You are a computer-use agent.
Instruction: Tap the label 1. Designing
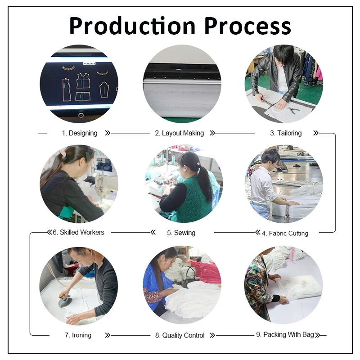80,133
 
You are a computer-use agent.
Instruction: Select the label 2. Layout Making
180,133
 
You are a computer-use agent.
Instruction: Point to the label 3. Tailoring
286,133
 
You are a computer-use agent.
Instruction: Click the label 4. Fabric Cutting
285,233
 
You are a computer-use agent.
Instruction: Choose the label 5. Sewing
181,233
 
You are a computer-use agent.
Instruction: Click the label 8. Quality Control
180,335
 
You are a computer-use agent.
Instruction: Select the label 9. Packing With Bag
285,335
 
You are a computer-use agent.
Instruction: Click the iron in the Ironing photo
65,301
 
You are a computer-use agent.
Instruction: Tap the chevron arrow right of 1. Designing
107,133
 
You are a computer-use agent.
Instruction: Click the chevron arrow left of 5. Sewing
153,232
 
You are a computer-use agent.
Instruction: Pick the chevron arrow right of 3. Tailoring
315,133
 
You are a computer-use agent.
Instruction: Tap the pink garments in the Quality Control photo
205,270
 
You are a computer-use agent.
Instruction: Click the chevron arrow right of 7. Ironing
107,335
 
